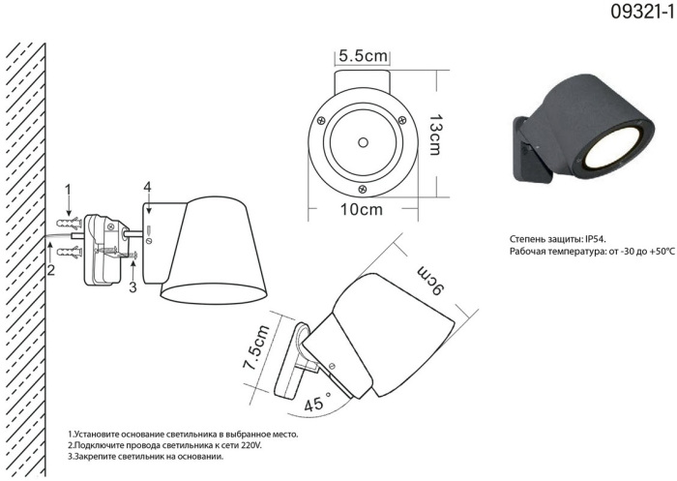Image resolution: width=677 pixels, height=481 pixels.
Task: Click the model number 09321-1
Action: click(642, 12)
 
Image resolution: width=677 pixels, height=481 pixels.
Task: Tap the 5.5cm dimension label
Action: click(363, 56)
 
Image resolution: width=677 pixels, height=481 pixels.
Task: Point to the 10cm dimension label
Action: click(362, 210)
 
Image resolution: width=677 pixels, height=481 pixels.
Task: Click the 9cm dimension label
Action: click(430, 281)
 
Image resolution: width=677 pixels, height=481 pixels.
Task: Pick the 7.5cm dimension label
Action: click(256, 347)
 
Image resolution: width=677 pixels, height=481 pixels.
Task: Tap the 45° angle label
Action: click(318, 402)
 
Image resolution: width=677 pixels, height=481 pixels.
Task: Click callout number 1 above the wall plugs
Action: click(68, 190)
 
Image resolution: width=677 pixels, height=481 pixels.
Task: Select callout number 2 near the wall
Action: click(51, 270)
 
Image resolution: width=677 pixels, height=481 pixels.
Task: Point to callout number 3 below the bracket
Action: click(133, 287)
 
